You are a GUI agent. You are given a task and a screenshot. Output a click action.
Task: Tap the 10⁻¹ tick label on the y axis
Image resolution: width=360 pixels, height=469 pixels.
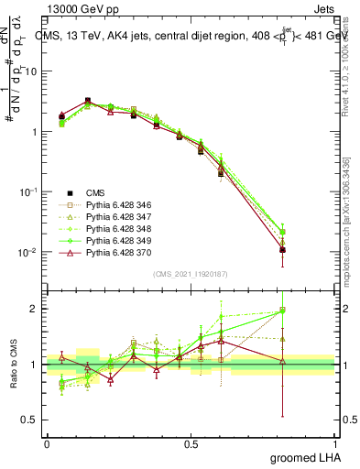click(29, 191)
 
